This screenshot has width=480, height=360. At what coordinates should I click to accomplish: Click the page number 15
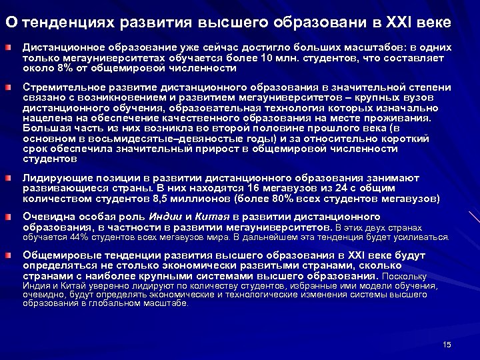(x=447, y=344)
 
